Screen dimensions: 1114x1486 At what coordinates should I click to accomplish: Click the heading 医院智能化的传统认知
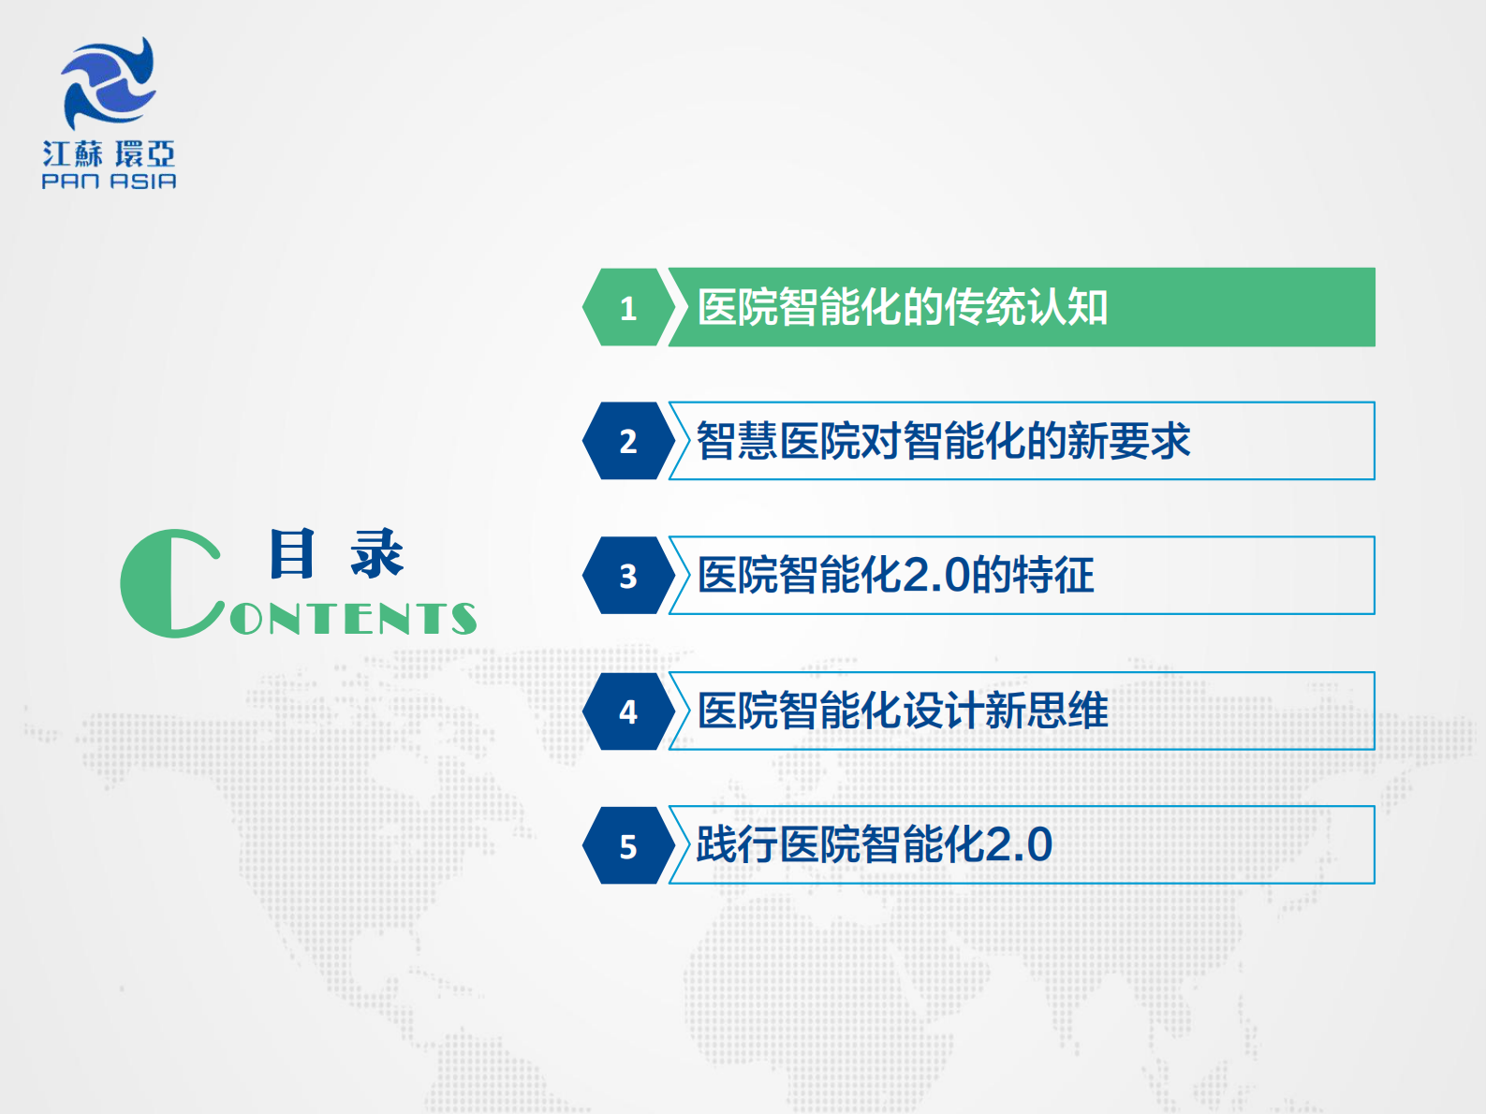tap(903, 308)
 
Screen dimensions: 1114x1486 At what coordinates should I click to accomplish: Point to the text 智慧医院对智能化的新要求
tap(943, 441)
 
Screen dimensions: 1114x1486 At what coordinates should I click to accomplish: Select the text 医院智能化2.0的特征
tap(896, 576)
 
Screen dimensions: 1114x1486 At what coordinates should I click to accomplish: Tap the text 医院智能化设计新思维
tap(903, 711)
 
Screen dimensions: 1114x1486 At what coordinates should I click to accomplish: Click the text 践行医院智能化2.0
tap(875, 845)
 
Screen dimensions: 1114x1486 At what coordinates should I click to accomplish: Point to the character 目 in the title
tap(291, 553)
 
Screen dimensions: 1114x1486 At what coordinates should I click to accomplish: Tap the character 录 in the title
tap(377, 553)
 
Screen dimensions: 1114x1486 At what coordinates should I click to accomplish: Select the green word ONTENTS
tap(353, 619)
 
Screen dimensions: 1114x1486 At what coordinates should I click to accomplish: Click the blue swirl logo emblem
tap(109, 83)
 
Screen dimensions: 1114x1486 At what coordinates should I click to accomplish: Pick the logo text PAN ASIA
tap(109, 182)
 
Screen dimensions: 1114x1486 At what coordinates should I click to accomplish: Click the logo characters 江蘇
tap(72, 154)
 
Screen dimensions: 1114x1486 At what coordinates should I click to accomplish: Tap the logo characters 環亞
tap(145, 154)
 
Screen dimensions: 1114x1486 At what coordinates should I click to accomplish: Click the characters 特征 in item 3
tap(1053, 576)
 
